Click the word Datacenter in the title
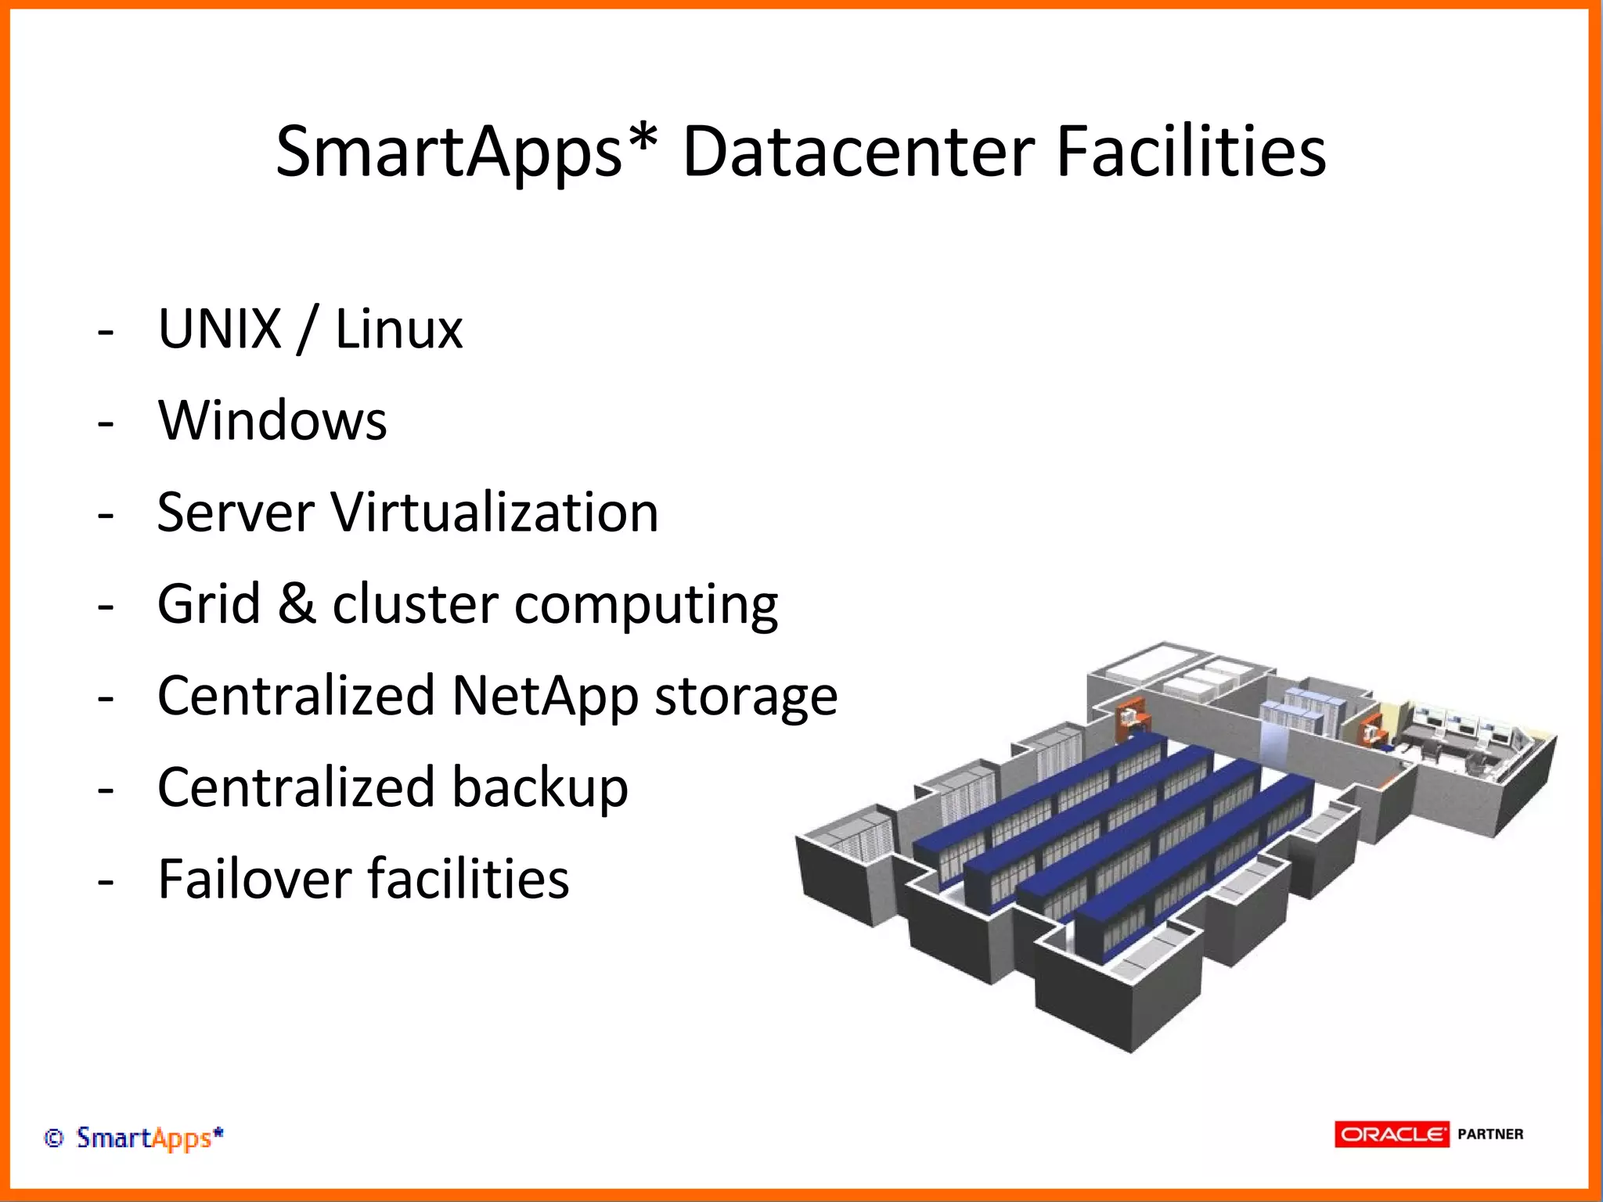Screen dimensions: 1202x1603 click(x=859, y=152)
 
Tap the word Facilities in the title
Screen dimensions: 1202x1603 click(x=1191, y=152)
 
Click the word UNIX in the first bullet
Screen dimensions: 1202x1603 click(x=219, y=329)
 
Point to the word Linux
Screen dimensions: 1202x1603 click(x=398, y=329)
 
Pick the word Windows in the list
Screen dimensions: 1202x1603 click(x=272, y=420)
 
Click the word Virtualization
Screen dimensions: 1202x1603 click(x=495, y=513)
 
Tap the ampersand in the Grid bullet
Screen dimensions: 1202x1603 click(x=297, y=604)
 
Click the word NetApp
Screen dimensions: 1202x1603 click(x=545, y=696)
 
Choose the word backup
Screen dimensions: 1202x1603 click(x=539, y=787)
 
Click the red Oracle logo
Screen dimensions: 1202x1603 click(x=1392, y=1134)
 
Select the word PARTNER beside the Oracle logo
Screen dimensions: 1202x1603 click(x=1490, y=1134)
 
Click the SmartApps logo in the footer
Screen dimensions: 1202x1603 click(x=149, y=1138)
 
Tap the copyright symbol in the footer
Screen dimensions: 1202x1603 click(x=53, y=1138)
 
